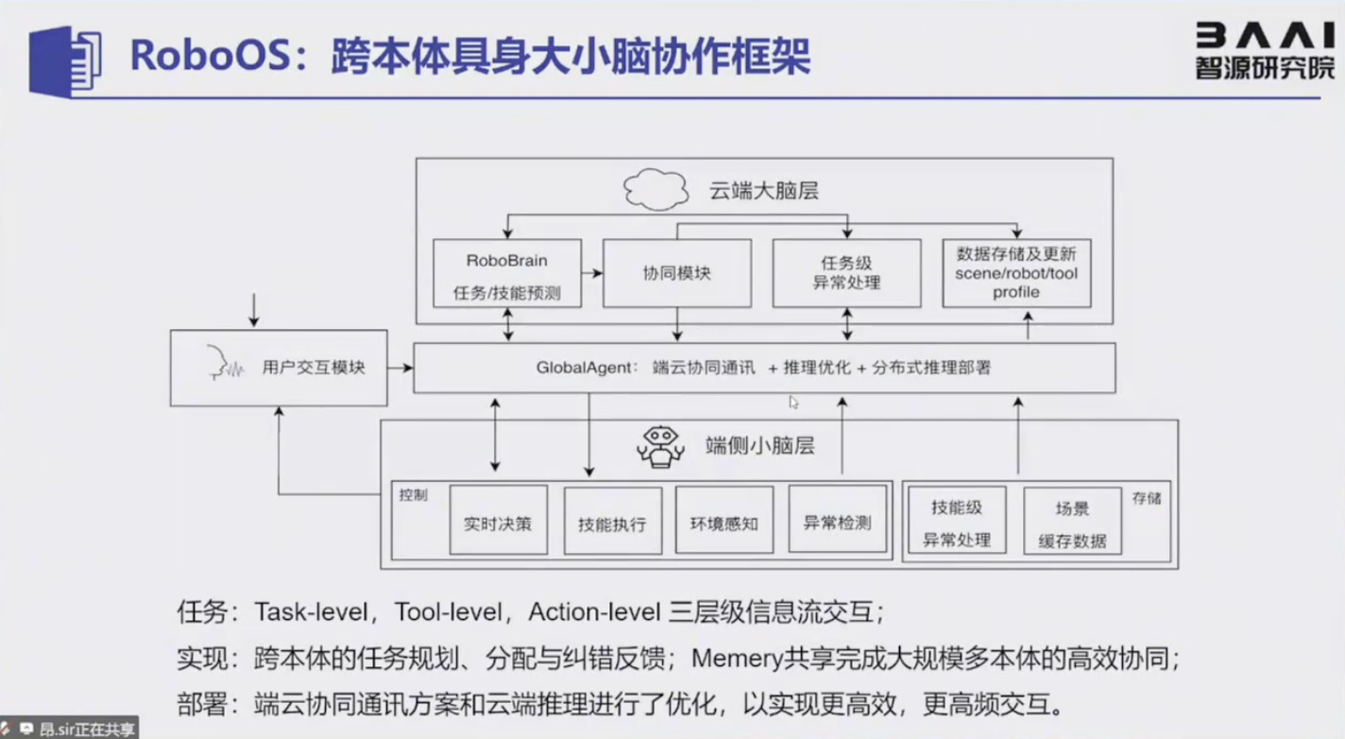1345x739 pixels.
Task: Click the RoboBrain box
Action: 506,273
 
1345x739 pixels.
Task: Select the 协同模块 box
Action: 676,273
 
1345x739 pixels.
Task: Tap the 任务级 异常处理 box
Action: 846,273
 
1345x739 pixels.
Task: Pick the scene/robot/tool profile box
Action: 1016,273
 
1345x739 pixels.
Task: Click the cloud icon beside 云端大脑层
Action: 655,189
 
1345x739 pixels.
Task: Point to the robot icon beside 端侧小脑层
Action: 660,445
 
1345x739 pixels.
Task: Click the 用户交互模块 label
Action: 314,368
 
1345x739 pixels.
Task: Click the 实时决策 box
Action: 498,521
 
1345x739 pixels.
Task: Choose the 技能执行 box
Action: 612,521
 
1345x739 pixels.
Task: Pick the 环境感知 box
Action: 724,521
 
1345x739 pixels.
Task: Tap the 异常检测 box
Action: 838,521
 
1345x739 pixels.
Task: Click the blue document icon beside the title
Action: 65,60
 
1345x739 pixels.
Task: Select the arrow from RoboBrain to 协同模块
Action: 591,273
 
